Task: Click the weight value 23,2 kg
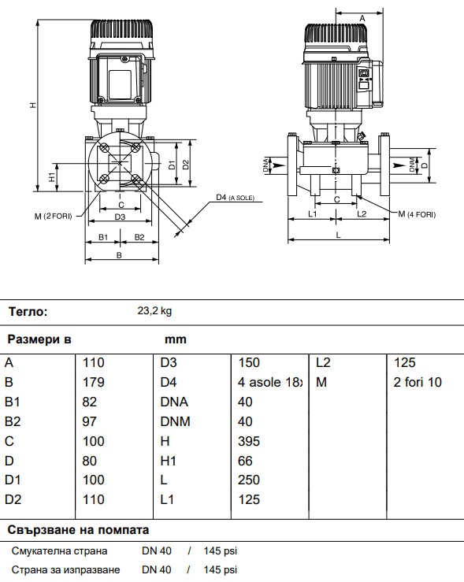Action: click(154, 311)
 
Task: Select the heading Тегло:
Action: click(28, 311)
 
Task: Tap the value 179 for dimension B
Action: click(95, 383)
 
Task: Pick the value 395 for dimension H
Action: click(249, 441)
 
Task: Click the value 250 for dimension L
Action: click(249, 480)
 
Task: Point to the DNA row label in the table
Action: click(174, 402)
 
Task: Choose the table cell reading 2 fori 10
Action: click(418, 383)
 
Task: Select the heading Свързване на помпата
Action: click(78, 529)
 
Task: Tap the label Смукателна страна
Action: click(59, 550)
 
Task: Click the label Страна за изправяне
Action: click(65, 569)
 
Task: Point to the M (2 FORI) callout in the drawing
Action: click(53, 215)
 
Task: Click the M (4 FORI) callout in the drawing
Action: click(416, 214)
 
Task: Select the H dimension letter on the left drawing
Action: click(32, 105)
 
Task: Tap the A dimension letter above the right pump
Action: click(362, 17)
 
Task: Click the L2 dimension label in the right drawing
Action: click(362, 213)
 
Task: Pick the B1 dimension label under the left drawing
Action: click(102, 237)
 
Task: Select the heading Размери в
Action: click(39, 339)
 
